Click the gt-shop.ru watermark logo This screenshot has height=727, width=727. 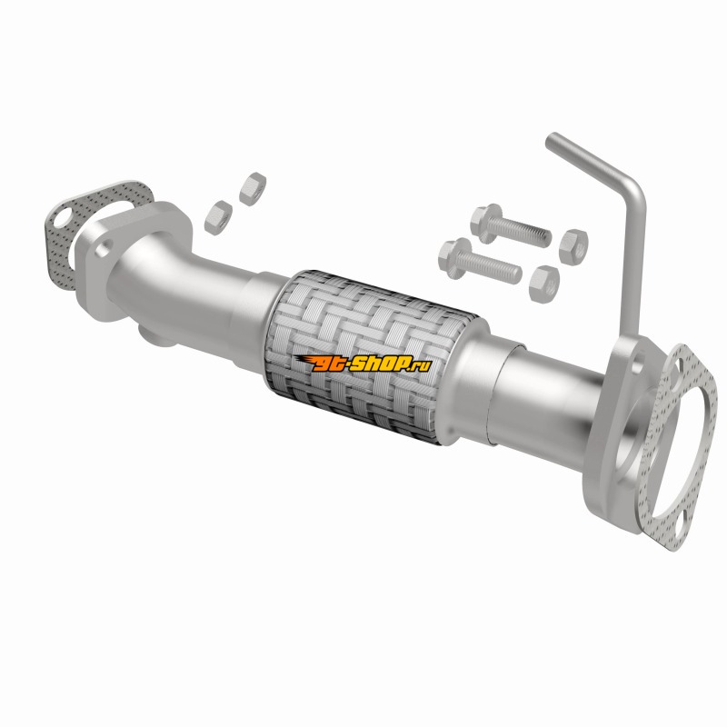(x=364, y=364)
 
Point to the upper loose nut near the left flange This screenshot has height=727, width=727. (x=253, y=188)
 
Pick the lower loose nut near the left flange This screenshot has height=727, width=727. (x=218, y=217)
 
